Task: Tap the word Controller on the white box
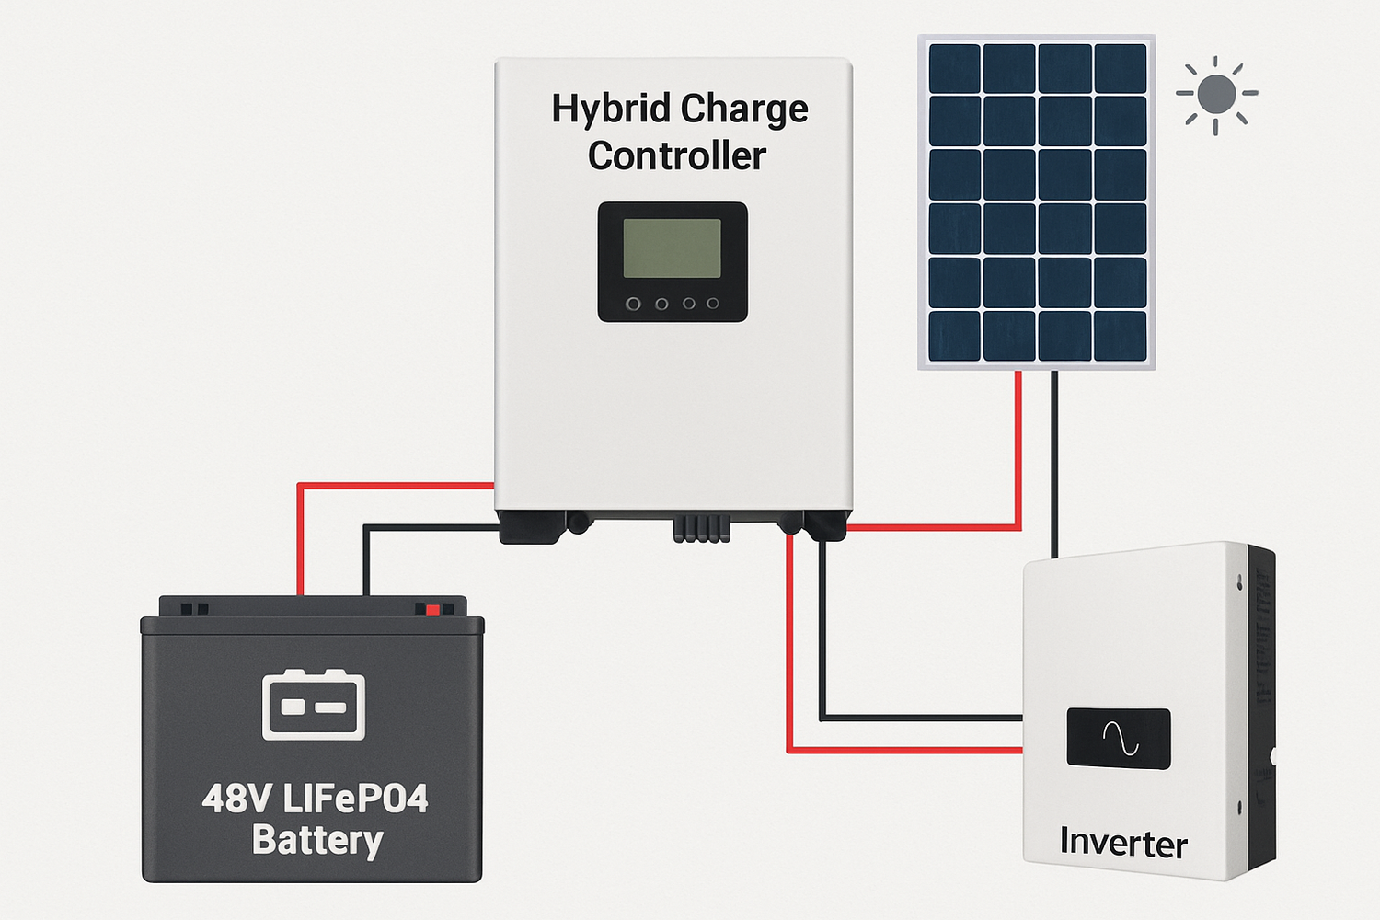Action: (x=676, y=156)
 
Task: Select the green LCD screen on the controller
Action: (x=672, y=248)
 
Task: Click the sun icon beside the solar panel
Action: (x=1216, y=95)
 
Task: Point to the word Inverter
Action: (x=1122, y=843)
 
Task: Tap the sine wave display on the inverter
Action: (x=1119, y=738)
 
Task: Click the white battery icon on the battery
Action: (x=313, y=705)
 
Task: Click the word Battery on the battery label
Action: (x=317, y=841)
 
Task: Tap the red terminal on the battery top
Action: (x=431, y=609)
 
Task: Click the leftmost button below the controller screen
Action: (x=633, y=304)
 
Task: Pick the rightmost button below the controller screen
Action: (x=712, y=304)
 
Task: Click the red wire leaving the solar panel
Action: (x=1018, y=442)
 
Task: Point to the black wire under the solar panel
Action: (x=1054, y=460)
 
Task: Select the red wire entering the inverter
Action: (x=920, y=751)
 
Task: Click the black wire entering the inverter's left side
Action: (x=920, y=718)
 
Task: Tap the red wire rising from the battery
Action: (x=300, y=543)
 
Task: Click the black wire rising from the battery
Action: (x=366, y=561)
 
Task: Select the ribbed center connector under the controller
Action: (x=701, y=529)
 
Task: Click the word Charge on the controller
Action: (x=745, y=109)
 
